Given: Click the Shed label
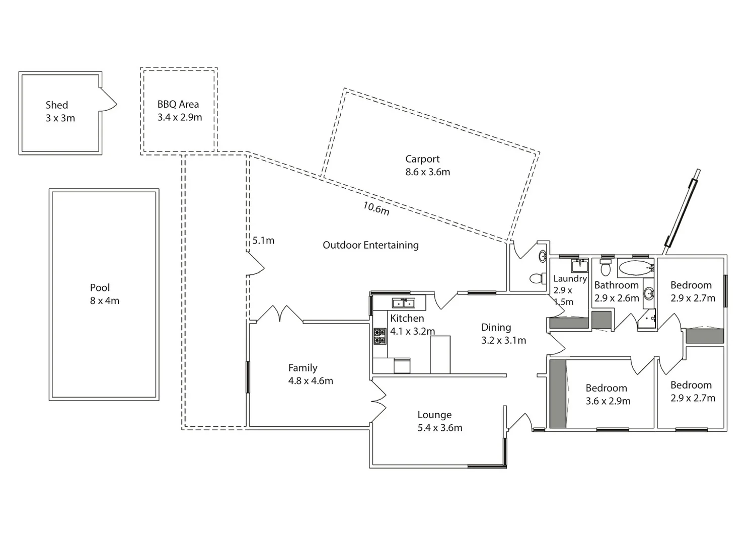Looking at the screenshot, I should point(57,105).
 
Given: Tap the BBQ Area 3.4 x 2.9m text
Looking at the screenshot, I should point(179,111).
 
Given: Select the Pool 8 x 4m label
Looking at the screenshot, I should point(104,294).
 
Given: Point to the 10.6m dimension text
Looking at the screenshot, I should point(376,208).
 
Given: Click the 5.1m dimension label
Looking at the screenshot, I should point(263,241).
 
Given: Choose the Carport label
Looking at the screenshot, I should point(422,159).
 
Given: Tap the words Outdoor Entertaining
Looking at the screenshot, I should point(370,245).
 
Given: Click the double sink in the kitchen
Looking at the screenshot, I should point(403,303).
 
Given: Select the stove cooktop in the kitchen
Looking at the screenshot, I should point(380,336).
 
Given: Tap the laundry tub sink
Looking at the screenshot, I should point(580,266).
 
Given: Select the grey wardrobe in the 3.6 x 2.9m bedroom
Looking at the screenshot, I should point(557,394).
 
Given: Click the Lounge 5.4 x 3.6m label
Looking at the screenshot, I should point(439,421).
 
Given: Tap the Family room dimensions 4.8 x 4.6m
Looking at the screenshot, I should point(311,381).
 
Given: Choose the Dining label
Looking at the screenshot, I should point(496,328).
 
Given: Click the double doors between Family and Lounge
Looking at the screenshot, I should point(377,401).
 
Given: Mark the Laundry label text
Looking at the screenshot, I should point(570,279).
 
